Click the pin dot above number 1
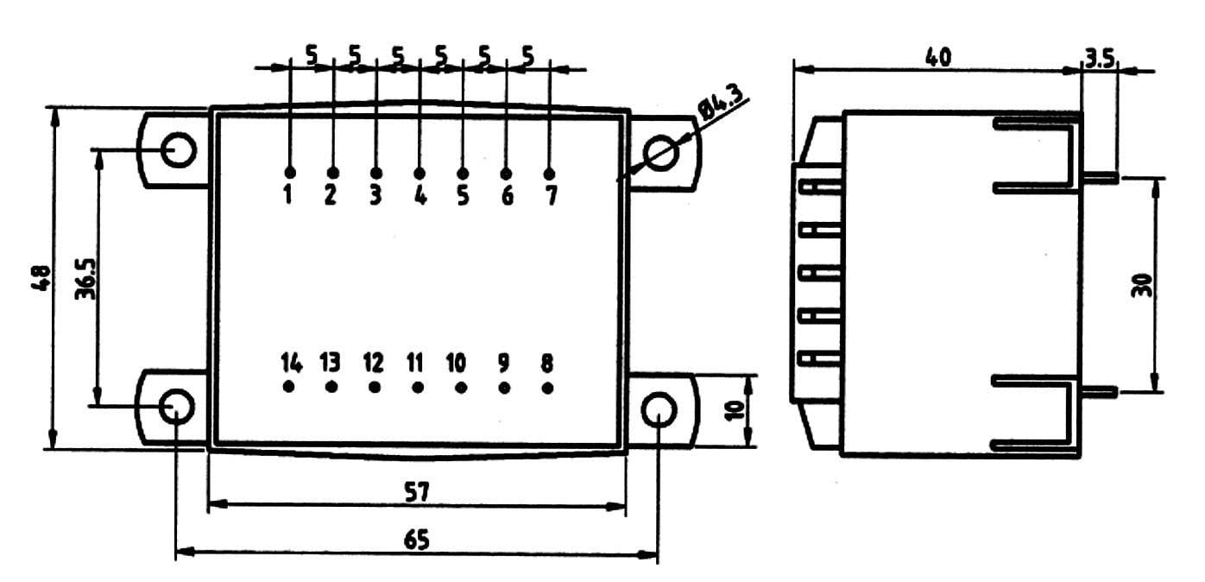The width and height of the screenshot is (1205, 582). (289, 173)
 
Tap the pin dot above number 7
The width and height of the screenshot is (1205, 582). (550, 174)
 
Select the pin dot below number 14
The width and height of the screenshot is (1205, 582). (288, 387)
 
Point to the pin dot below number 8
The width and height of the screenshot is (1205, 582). (547, 387)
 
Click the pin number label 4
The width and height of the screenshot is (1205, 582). (420, 196)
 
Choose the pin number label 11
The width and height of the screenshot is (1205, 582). (416, 361)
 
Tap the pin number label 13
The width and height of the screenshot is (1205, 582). (331, 361)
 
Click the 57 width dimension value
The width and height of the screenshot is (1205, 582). (416, 490)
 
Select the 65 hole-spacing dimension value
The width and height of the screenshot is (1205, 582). (416, 540)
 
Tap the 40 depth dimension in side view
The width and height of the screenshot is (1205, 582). (937, 58)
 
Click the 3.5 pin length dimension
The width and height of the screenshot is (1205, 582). (1099, 59)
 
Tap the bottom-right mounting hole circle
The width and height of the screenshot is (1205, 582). (659, 409)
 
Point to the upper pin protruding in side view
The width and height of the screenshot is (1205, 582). (1101, 177)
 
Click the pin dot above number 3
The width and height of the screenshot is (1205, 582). (375, 174)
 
